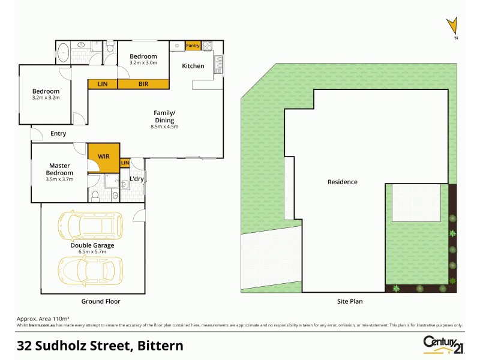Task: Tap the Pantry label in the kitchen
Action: [193, 46]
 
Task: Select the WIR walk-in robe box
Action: [104, 156]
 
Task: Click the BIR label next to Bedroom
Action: [143, 84]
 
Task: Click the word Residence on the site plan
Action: [343, 182]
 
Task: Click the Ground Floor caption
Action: [101, 301]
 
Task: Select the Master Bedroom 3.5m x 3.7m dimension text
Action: [59, 179]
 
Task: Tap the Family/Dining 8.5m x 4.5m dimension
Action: [164, 127]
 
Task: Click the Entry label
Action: [58, 133]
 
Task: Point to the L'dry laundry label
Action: [137, 179]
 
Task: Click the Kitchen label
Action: [193, 66]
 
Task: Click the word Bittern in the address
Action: [161, 346]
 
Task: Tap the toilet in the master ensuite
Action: [96, 195]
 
